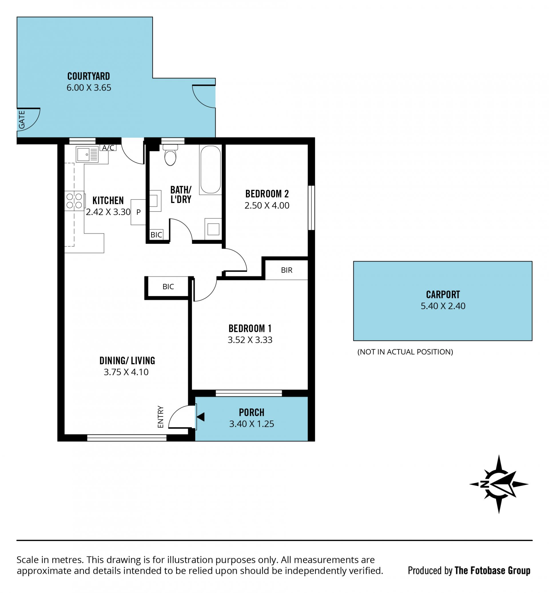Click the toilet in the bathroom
pos(170,155)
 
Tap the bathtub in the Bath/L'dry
pos(210,170)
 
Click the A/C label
pos(108,148)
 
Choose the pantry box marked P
pos(138,212)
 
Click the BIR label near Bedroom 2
pos(287,270)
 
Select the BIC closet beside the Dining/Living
pos(168,287)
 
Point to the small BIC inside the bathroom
pos(156,235)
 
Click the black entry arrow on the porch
pos(200,417)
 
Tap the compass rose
pos(499,484)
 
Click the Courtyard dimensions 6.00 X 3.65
pos(89,88)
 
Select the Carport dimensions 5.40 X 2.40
pos(443,306)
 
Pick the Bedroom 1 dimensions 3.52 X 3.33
pos(250,340)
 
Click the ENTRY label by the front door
pos(160,417)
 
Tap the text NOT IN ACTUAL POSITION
pos(405,352)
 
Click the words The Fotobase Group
pos(492,570)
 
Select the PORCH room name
pos(252,412)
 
